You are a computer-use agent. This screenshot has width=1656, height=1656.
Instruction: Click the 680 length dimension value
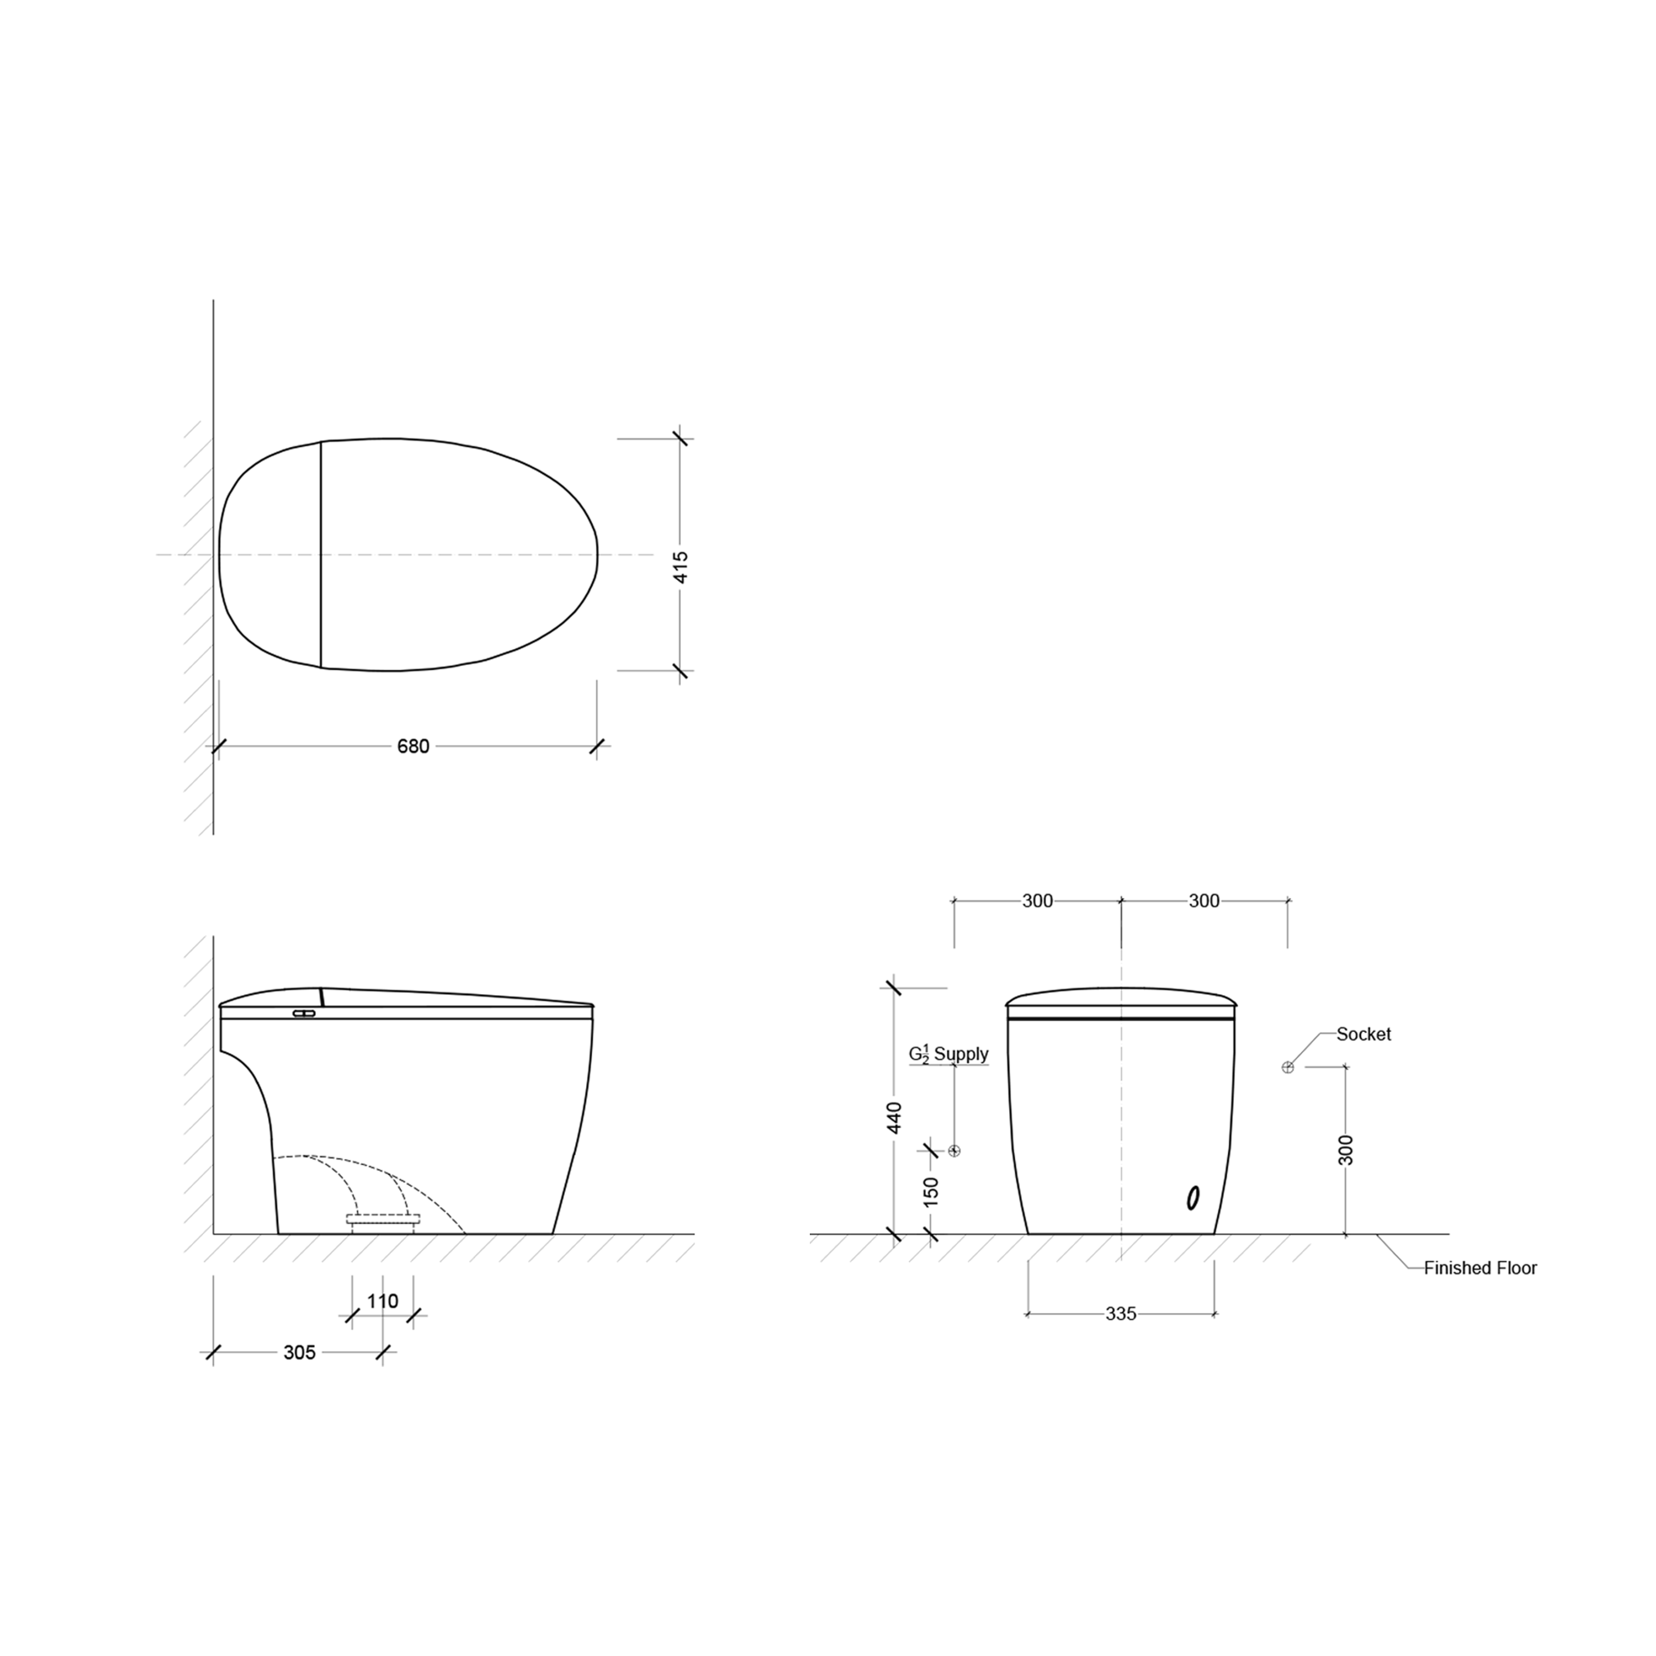pyautogui.click(x=413, y=746)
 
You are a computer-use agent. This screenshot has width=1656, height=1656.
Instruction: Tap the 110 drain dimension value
pyautogui.click(x=382, y=1301)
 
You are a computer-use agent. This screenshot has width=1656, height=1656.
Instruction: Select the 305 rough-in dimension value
pyautogui.click(x=299, y=1353)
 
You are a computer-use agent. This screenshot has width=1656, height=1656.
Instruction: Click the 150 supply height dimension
pyautogui.click(x=932, y=1191)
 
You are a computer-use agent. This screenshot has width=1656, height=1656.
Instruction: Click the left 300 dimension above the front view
pyautogui.click(x=1037, y=901)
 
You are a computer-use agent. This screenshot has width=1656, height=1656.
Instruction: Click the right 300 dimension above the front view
pyautogui.click(x=1204, y=901)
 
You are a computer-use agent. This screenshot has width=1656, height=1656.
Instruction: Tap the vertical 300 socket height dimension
pyautogui.click(x=1346, y=1150)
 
